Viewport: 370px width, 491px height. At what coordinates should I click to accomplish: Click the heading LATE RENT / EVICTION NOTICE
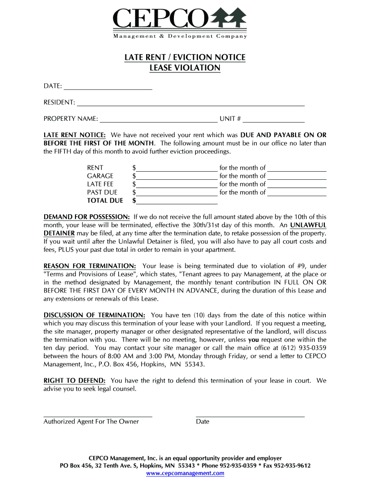[x=185, y=58]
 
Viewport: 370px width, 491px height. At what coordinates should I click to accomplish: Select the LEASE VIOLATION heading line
[x=185, y=68]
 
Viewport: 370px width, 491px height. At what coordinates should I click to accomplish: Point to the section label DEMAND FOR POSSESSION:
[x=86, y=217]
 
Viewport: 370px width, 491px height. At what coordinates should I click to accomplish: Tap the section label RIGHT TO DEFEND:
[x=75, y=381]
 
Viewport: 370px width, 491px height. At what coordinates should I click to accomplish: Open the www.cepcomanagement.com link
[x=185, y=473]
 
